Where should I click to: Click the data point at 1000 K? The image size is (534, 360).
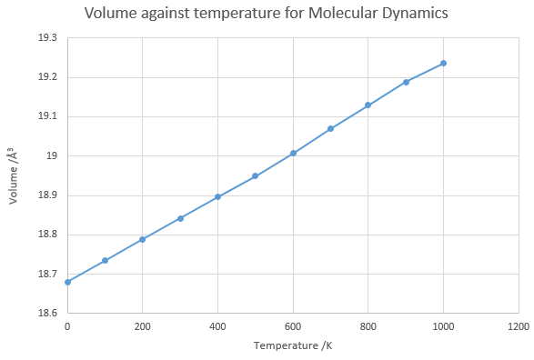443,64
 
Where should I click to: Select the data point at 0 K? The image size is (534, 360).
67,282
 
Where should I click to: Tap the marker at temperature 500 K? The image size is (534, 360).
255,176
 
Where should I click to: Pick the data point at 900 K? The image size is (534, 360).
406,82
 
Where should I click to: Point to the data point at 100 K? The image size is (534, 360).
106,261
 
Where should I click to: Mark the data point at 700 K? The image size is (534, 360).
330,128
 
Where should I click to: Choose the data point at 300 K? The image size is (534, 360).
180,218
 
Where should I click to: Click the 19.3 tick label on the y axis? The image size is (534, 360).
47,38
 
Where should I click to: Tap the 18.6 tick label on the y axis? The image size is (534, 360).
47,313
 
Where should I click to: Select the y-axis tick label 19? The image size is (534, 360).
52,156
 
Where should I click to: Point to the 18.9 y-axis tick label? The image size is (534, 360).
47,195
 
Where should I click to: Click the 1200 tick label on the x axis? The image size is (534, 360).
519,326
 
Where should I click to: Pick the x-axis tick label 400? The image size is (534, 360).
217,326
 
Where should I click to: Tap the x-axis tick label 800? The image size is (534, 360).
368,326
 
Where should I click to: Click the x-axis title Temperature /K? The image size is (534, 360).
293,345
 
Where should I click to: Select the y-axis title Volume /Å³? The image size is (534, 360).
13,175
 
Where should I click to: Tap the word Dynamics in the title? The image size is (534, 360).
415,14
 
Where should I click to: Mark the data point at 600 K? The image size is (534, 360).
293,153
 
